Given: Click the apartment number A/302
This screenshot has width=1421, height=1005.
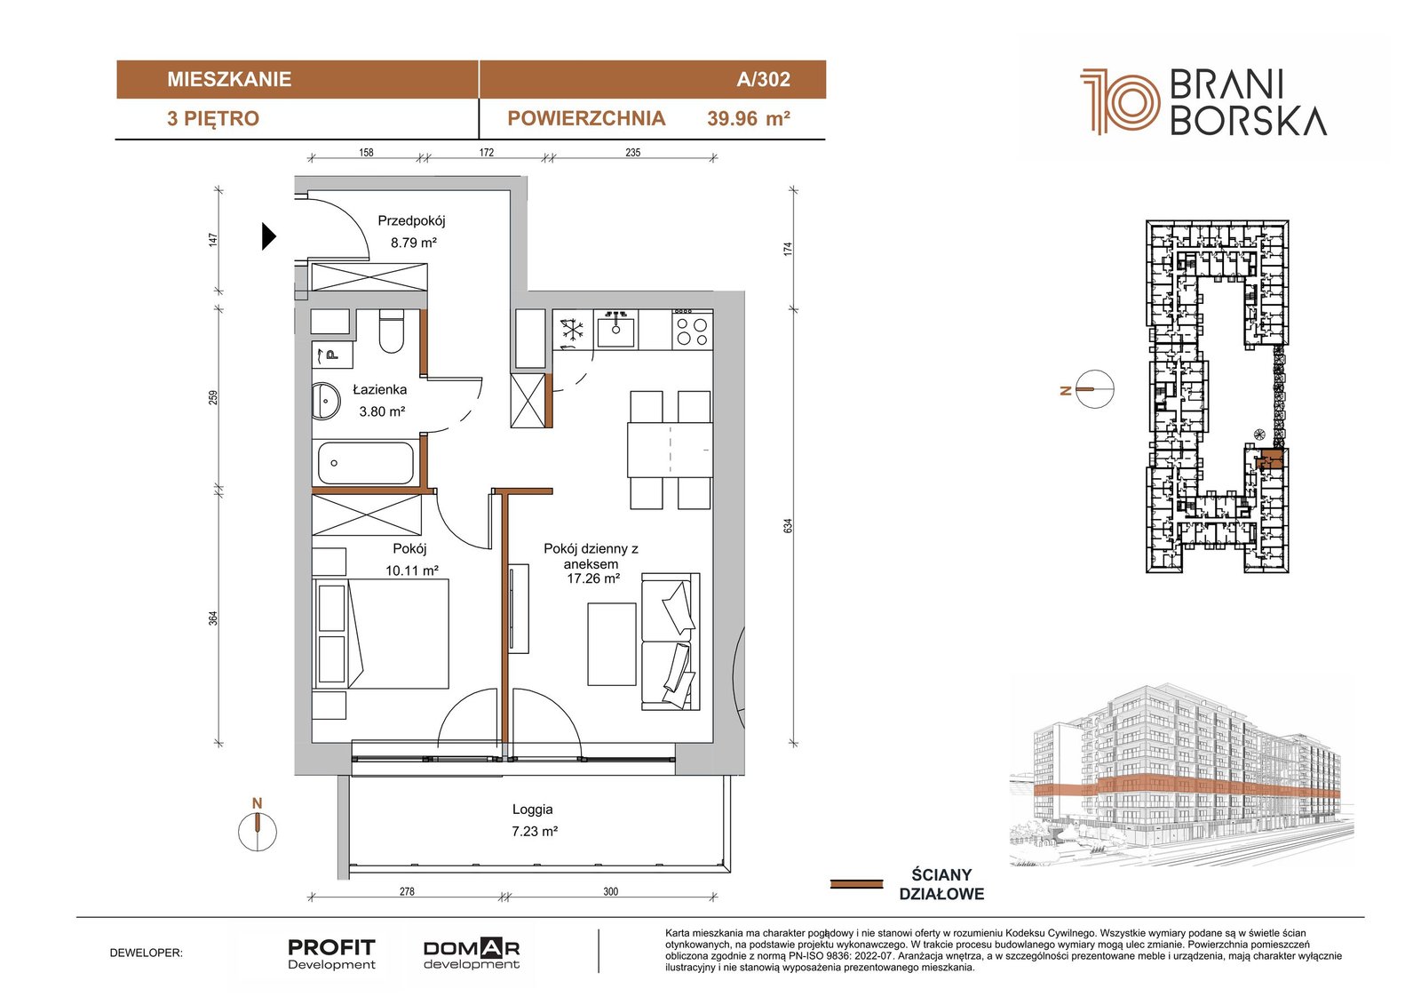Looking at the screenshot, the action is coord(763,79).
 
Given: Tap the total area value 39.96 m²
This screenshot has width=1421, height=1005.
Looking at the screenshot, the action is coord(749,119).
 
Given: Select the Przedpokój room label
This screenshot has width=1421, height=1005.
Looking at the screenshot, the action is coord(412,221).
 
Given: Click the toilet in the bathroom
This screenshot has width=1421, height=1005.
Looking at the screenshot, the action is coord(392,331).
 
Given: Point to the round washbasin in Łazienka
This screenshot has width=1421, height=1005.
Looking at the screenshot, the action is coord(326,402).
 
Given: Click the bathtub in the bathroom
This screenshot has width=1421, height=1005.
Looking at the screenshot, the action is coord(366,463).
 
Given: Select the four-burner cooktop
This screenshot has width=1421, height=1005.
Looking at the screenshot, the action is coord(692,330).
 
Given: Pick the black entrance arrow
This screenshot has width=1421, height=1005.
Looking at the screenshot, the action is coord(269,236).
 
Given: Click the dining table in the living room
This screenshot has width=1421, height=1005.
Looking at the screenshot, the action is coord(669,450).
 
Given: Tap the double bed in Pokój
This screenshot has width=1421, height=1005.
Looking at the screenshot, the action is coord(381,633).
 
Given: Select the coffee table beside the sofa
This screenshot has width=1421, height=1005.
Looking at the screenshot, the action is coord(612,643).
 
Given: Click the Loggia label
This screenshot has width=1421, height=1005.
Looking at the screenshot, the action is coord(532,810).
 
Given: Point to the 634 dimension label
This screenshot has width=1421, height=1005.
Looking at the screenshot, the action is coord(788,526).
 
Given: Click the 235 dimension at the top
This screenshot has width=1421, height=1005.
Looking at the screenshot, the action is coord(632,152).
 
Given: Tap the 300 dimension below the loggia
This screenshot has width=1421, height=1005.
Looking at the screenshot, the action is coord(610,891).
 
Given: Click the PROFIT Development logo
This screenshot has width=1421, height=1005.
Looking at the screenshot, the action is coord(332,954).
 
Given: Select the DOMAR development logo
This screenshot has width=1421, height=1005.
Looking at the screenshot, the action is coord(472,954).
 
